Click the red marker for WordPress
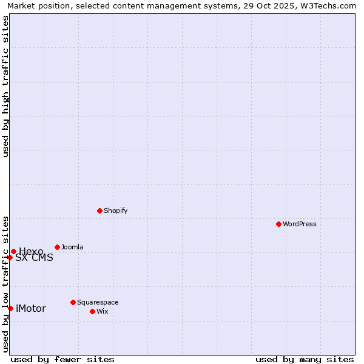pyautogui.click(x=278, y=224)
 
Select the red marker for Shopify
pyautogui.click(x=99, y=211)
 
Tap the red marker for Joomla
pyautogui.click(x=57, y=247)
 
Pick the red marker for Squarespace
pyautogui.click(x=73, y=302)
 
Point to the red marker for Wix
pyautogui.click(x=92, y=311)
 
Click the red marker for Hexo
pyautogui.click(x=13, y=251)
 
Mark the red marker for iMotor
pyautogui.click(x=10, y=308)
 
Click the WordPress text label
pyautogui.click(x=300, y=224)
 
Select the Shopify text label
pyautogui.click(x=116, y=211)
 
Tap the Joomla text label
pyautogui.click(x=72, y=247)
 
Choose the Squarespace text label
pyautogui.click(x=98, y=302)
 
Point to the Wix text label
pyautogui.click(x=102, y=311)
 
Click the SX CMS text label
pyautogui.click(x=34, y=257)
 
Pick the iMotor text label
pyautogui.click(x=31, y=308)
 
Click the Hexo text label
pyautogui.click(x=31, y=251)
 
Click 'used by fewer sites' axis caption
pyautogui.click(x=62, y=359)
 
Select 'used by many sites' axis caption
pyautogui.click(x=305, y=359)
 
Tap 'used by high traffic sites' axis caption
pyautogui.click(x=5, y=86)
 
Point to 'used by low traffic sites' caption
pyautogui.click(x=5, y=284)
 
